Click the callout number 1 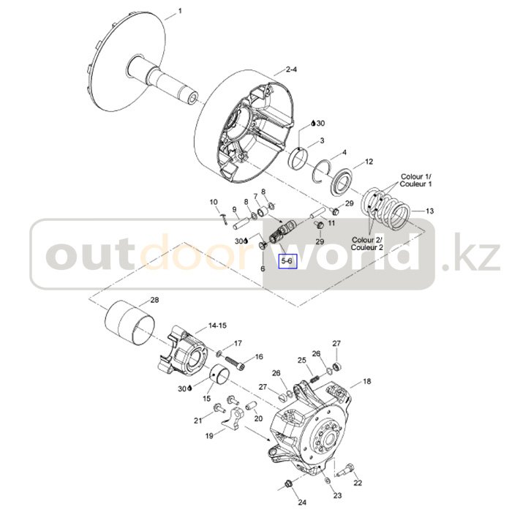point(180,12)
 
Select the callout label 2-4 point(292,69)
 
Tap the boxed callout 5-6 point(287,261)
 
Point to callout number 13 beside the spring point(430,211)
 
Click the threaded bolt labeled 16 point(234,364)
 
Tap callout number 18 point(367,381)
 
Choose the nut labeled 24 point(288,483)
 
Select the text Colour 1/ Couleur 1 point(416,180)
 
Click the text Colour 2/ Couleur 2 point(367,244)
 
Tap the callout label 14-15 point(217,325)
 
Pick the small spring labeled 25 point(314,380)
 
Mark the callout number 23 point(337,495)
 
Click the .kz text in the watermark point(471,253)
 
